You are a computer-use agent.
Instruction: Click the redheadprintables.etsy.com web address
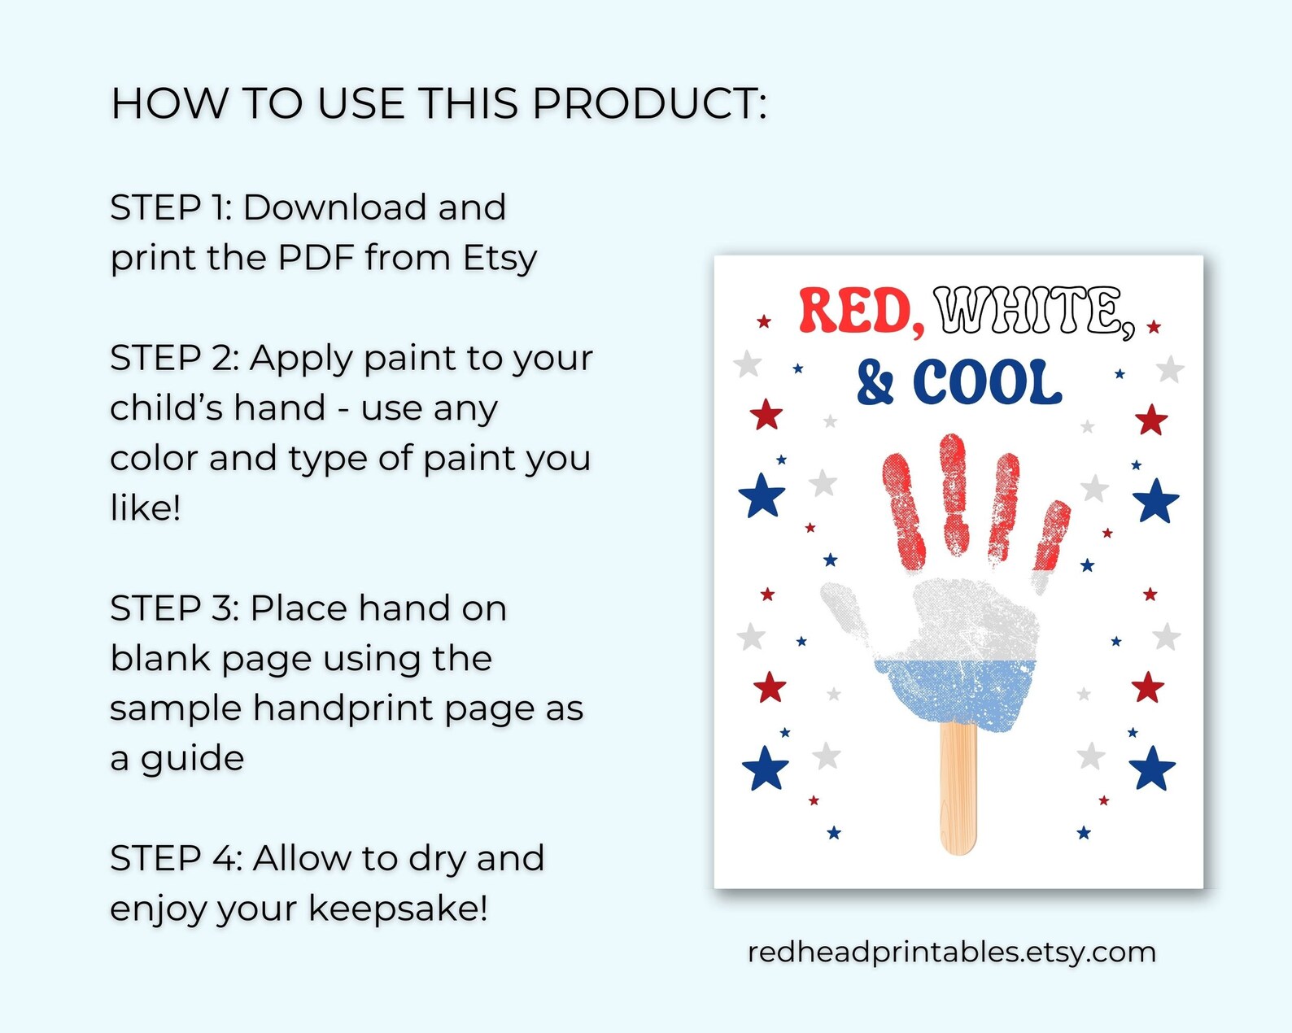(x=951, y=952)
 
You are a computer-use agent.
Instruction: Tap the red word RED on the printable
(x=860, y=311)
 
